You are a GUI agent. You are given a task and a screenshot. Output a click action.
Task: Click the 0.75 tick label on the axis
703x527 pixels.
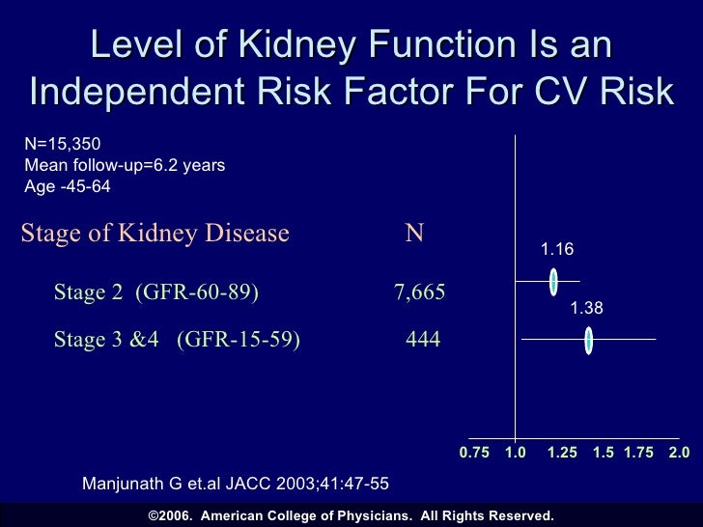click(x=474, y=452)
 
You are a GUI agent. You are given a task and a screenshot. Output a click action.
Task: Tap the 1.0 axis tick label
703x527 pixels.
click(x=515, y=452)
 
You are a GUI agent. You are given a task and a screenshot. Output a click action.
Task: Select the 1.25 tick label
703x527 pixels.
click(x=562, y=452)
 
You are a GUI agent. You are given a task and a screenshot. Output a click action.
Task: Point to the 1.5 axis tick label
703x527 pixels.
click(x=604, y=452)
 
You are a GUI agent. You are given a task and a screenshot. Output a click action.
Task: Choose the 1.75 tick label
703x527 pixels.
click(x=639, y=452)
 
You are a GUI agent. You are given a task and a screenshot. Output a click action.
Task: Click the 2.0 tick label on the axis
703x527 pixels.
click(x=679, y=452)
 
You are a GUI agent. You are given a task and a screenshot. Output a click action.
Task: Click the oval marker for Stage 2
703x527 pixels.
click(x=553, y=282)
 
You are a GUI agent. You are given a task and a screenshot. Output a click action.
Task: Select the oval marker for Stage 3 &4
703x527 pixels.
click(x=589, y=341)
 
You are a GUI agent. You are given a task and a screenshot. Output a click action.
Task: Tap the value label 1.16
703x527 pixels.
click(x=557, y=249)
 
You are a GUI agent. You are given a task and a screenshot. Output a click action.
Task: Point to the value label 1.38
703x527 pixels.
click(x=586, y=308)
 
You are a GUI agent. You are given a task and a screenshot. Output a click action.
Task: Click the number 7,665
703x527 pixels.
click(x=420, y=292)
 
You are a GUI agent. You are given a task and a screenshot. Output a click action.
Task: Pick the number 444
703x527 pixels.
click(x=423, y=339)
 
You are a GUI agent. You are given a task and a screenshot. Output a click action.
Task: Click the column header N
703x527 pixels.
click(x=414, y=233)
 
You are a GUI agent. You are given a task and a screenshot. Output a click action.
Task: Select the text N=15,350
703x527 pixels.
click(x=63, y=144)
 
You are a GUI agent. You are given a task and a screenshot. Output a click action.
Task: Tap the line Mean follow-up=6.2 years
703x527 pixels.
click(x=125, y=165)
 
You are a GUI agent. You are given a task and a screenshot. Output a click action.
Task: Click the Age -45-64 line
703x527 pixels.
click(x=68, y=186)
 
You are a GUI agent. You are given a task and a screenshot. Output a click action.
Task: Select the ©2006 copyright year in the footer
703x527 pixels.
click(x=171, y=515)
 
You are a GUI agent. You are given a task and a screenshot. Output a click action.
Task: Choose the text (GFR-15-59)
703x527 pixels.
click(x=239, y=340)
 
